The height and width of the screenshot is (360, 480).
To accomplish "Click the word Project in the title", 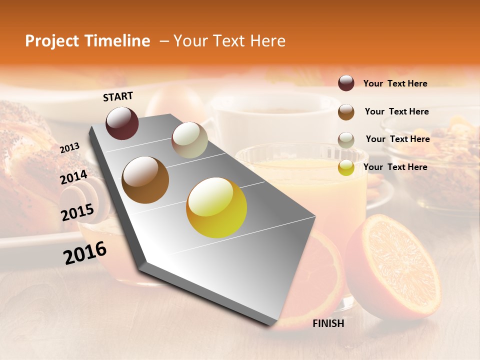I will click(x=52, y=41).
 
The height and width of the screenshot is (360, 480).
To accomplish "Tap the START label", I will click(x=118, y=96).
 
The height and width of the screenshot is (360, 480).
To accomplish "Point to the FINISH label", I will click(x=328, y=323).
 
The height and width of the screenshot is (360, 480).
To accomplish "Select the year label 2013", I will click(x=69, y=148).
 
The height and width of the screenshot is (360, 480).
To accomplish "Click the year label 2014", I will click(x=74, y=177).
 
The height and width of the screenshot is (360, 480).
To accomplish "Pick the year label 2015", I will click(x=77, y=212).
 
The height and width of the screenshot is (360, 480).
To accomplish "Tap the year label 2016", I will click(x=85, y=253).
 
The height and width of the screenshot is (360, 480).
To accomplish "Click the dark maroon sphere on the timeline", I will click(x=122, y=123).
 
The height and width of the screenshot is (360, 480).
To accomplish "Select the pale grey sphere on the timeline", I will click(x=189, y=140).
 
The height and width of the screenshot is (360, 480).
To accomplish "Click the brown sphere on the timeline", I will click(x=145, y=180).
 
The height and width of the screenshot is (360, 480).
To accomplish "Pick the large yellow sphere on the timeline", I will click(x=216, y=207).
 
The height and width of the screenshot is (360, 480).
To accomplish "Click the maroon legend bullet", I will click(x=346, y=83).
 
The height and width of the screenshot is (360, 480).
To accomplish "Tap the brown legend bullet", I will click(x=346, y=112).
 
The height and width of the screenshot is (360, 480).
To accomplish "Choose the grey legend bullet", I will click(x=346, y=139).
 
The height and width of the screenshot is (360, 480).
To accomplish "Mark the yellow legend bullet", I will click(x=346, y=167).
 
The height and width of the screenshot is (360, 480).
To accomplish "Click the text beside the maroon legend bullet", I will click(x=395, y=83).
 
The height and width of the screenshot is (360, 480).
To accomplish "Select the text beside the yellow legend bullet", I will click(x=395, y=167).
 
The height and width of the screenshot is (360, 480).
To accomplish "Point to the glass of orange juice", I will click(x=310, y=190).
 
